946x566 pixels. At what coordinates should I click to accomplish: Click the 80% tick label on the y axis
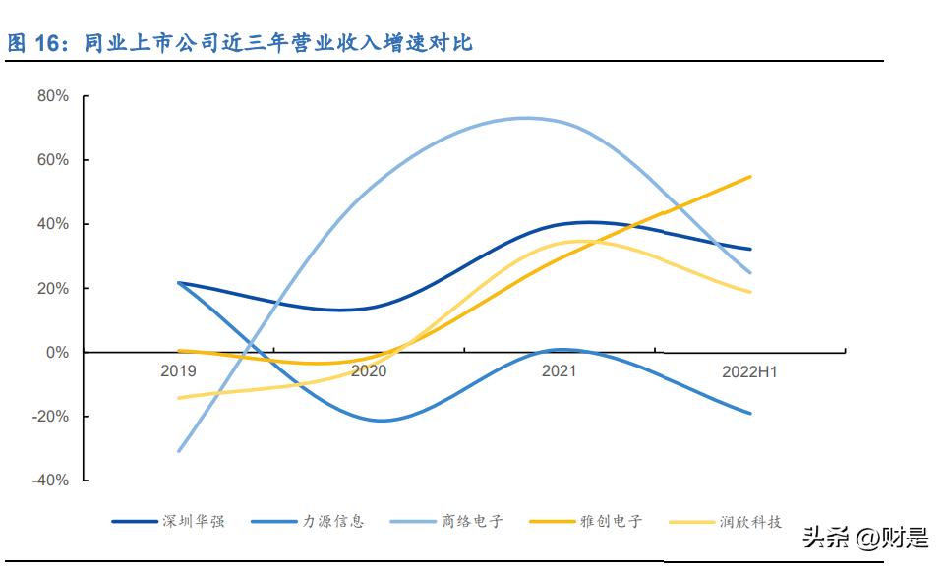pos(52,96)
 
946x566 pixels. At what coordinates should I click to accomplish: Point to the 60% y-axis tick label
pos(52,160)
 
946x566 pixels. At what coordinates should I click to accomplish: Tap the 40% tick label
pos(52,224)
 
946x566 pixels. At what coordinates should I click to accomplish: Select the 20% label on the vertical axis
pos(52,288)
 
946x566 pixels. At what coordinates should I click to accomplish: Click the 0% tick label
pos(56,352)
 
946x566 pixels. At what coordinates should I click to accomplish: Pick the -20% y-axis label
pos(50,416)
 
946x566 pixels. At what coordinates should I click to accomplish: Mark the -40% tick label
pos(50,480)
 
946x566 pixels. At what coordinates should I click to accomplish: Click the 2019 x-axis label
pos(179,371)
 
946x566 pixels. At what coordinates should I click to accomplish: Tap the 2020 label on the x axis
pos(369,371)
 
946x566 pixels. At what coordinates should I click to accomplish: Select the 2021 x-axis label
pos(559,371)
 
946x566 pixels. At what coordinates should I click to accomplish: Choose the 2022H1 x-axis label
pos(749,371)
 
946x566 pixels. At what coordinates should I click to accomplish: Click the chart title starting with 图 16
pos(241,43)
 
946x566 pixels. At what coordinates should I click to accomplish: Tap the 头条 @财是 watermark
pos(864,538)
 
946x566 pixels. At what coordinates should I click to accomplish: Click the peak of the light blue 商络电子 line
pos(526,118)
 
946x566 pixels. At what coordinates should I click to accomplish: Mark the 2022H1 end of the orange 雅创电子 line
pos(751,177)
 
